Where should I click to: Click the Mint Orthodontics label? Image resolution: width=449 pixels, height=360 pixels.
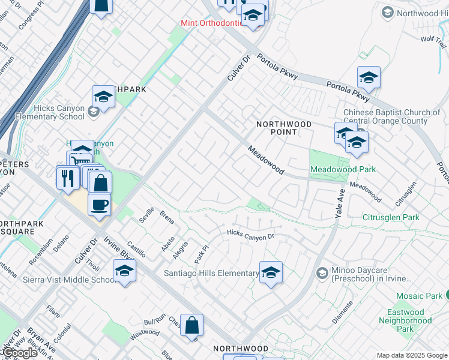212,23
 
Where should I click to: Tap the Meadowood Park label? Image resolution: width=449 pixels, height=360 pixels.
343,169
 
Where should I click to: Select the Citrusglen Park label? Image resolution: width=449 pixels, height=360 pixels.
391,217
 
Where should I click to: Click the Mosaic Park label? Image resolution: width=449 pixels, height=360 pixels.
419,296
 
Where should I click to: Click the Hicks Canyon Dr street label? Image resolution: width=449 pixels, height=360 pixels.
250,234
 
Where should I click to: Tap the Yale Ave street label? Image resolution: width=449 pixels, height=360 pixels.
340,202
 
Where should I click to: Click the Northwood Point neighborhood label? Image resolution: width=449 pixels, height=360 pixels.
284,128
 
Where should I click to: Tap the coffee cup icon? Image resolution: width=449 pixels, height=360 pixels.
99,204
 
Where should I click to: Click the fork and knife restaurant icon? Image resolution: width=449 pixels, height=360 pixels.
67,178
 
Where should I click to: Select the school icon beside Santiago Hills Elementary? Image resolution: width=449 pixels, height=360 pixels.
271,273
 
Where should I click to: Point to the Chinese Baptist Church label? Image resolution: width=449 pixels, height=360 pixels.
391,116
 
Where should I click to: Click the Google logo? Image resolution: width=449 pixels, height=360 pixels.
19,353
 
